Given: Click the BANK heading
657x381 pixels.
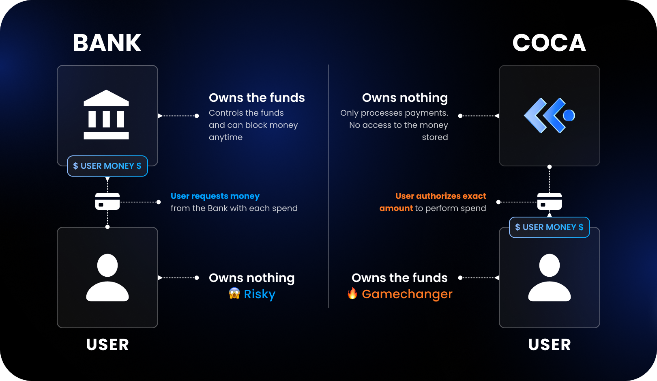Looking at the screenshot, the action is [107, 43].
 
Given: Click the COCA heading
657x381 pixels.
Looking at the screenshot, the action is [549, 43].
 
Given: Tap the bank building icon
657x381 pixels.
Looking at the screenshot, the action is [106, 114].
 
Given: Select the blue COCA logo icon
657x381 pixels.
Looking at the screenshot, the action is [550, 115].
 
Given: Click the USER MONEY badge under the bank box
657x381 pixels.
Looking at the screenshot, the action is [107, 166].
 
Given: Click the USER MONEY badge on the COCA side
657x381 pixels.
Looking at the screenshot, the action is [550, 227].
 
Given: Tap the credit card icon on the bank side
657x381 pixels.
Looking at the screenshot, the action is [107, 201].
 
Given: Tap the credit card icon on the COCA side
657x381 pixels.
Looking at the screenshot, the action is [550, 201].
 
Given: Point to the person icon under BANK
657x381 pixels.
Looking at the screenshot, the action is [107, 278].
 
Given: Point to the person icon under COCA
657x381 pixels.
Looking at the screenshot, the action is [550, 278].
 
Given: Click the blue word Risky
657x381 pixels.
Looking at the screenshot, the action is [260, 294].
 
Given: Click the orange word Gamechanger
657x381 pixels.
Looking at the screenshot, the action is [407, 294].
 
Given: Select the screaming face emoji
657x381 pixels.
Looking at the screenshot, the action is [234, 293].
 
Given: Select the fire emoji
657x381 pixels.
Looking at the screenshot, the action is [352, 293].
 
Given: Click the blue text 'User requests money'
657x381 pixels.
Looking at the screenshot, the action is [215, 196].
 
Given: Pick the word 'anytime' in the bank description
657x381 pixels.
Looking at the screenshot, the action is [225, 138].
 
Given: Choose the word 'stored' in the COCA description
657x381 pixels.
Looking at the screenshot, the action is [435, 137].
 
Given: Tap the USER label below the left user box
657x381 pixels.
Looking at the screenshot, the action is [107, 344].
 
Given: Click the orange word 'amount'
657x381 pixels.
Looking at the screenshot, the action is [396, 208].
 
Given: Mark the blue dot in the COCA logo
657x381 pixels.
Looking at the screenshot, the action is [569, 115].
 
